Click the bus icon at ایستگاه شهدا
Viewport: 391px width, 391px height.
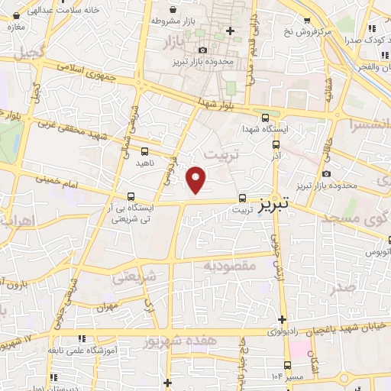265,118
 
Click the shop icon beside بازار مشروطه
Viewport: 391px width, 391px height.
175,9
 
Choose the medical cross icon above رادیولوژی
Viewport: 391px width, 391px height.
283,318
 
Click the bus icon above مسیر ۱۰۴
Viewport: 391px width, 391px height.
288,365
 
